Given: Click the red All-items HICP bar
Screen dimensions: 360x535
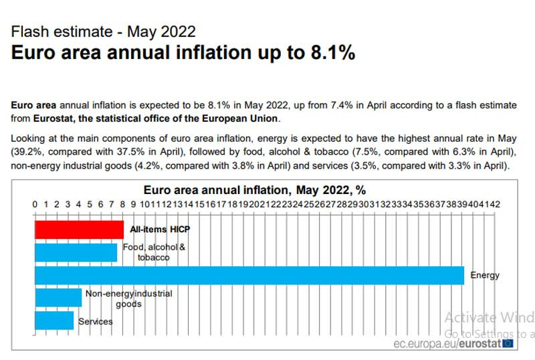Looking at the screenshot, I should [79, 230].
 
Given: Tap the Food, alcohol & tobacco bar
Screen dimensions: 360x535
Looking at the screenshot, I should [76, 252].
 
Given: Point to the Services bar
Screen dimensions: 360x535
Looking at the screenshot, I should [54, 321].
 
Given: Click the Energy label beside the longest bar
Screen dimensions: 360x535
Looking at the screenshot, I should [485, 275].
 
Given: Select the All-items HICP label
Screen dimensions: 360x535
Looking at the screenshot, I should [160, 230].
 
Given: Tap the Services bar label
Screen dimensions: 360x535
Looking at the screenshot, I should [96, 322].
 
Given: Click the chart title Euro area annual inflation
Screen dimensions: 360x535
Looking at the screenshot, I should [255, 190].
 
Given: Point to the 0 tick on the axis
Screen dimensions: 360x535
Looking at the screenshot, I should [35, 204].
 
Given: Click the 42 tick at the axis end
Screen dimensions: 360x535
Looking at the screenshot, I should [494, 204].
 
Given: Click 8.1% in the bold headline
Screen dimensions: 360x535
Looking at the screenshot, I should [332, 54].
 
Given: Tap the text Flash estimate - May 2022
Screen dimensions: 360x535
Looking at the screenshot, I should [104, 31].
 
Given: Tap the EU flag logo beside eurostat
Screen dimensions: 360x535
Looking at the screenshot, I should [508, 343].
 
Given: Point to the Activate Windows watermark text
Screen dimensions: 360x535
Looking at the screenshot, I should [489, 317].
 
